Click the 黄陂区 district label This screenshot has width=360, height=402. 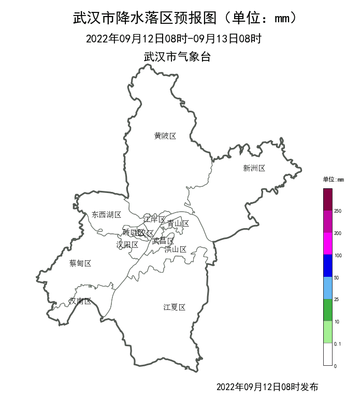click(x=165, y=136)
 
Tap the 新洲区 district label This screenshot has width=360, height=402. click(x=254, y=168)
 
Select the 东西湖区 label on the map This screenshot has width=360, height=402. click(x=106, y=215)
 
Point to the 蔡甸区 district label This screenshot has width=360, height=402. click(x=80, y=263)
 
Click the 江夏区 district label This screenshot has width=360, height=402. click(x=174, y=307)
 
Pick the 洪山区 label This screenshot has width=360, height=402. click(x=175, y=249)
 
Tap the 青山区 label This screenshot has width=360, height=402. click(x=178, y=224)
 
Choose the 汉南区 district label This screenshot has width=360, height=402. click(x=80, y=301)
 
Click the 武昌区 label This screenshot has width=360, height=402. click(x=163, y=241)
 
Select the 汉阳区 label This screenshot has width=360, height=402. click(x=127, y=244)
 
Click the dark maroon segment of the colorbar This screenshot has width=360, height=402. click(x=327, y=200)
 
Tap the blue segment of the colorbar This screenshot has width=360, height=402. click(x=327, y=265)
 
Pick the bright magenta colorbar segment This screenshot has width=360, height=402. click(x=327, y=243)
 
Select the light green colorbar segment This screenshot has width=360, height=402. click(x=327, y=332)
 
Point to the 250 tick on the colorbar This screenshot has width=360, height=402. click(x=338, y=211)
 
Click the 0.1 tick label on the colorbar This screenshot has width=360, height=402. click(x=338, y=344)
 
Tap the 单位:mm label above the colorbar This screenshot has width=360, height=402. click(x=333, y=180)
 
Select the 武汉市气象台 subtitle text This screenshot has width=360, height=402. click(x=177, y=57)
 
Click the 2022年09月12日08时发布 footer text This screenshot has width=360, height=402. click(x=267, y=387)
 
